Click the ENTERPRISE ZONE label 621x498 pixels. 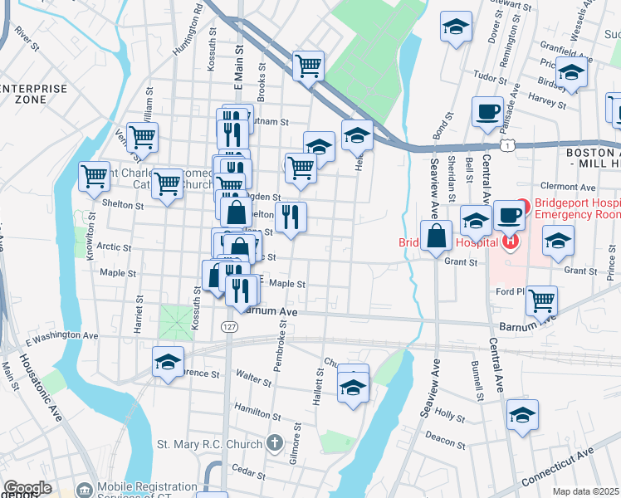pos(35,93)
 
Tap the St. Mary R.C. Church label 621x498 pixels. pos(213,444)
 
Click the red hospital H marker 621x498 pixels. pos(510,242)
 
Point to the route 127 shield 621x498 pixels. pos(229,329)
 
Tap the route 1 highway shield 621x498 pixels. pos(516,145)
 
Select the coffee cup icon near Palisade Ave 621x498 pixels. pos(487,110)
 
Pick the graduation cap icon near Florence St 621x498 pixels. pos(168,362)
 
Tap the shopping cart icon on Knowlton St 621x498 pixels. pos(95,175)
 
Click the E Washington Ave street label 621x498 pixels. pos(61,338)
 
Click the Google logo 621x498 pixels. pos(27,488)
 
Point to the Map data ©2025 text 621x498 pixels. pos(586,491)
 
